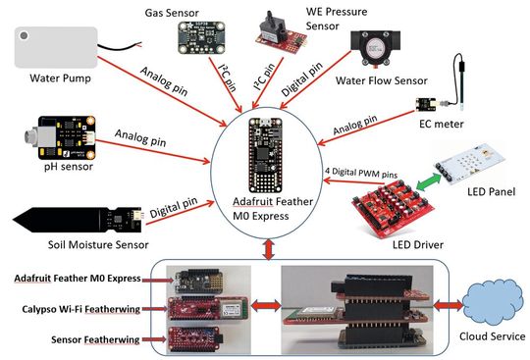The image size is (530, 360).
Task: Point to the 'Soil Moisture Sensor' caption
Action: click(x=67, y=244)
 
